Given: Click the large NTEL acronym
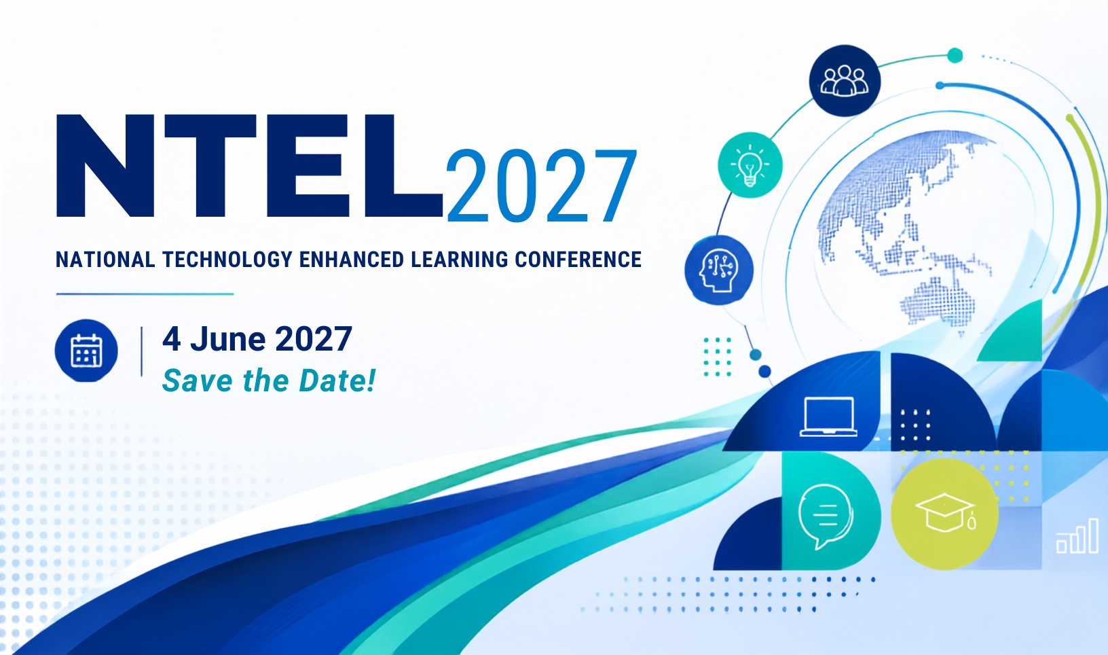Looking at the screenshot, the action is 250,166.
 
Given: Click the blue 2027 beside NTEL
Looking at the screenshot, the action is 541,186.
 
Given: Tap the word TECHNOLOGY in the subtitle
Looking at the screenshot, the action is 227,260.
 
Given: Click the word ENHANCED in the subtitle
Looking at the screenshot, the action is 352,260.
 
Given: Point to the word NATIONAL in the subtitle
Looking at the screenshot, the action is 105,260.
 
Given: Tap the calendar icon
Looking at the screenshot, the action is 87,351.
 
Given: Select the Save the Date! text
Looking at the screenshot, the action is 269,380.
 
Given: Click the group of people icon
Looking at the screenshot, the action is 845,81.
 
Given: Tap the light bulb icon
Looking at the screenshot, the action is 750,165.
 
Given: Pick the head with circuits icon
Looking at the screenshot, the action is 719,270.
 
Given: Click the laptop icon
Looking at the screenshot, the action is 828,417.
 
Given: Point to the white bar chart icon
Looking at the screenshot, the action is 1077,535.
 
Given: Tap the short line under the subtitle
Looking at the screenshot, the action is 145,294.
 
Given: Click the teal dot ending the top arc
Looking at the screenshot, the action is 955,56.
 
